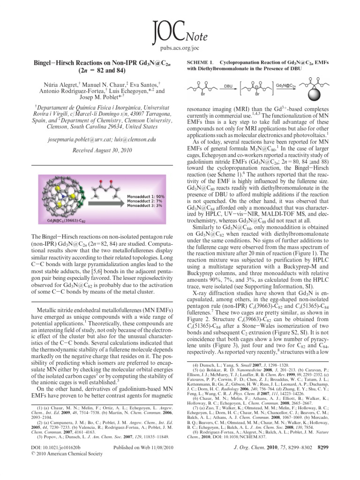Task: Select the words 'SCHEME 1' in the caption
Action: tap(200, 62)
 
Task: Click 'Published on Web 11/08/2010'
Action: tap(143, 461)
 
